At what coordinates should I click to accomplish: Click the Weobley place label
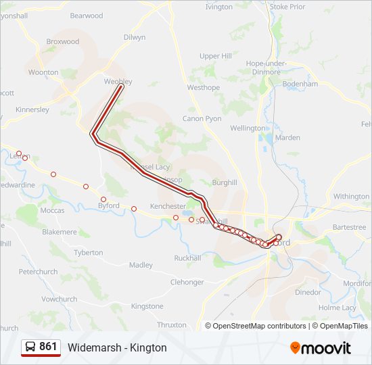tap(118, 82)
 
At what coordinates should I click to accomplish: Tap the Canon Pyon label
tap(202, 118)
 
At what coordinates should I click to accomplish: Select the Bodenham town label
tap(301, 84)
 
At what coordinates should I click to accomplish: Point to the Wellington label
tap(248, 128)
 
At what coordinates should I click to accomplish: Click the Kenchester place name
tap(168, 206)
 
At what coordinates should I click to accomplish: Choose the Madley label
tap(141, 265)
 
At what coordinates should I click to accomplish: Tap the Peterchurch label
tap(38, 272)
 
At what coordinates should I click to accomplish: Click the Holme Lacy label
tap(337, 308)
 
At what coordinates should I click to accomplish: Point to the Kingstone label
tap(147, 306)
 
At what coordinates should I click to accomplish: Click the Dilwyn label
tap(135, 37)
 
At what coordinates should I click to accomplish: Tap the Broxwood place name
tap(63, 41)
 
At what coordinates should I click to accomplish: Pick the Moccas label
tap(53, 210)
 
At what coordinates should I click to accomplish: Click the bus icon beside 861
tap(30, 347)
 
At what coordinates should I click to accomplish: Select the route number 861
tap(48, 347)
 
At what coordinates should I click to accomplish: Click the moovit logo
tap(321, 348)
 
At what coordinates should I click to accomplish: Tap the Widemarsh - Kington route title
tap(117, 348)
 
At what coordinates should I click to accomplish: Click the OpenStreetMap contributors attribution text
tap(260, 326)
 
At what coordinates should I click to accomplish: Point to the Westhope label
tap(204, 88)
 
